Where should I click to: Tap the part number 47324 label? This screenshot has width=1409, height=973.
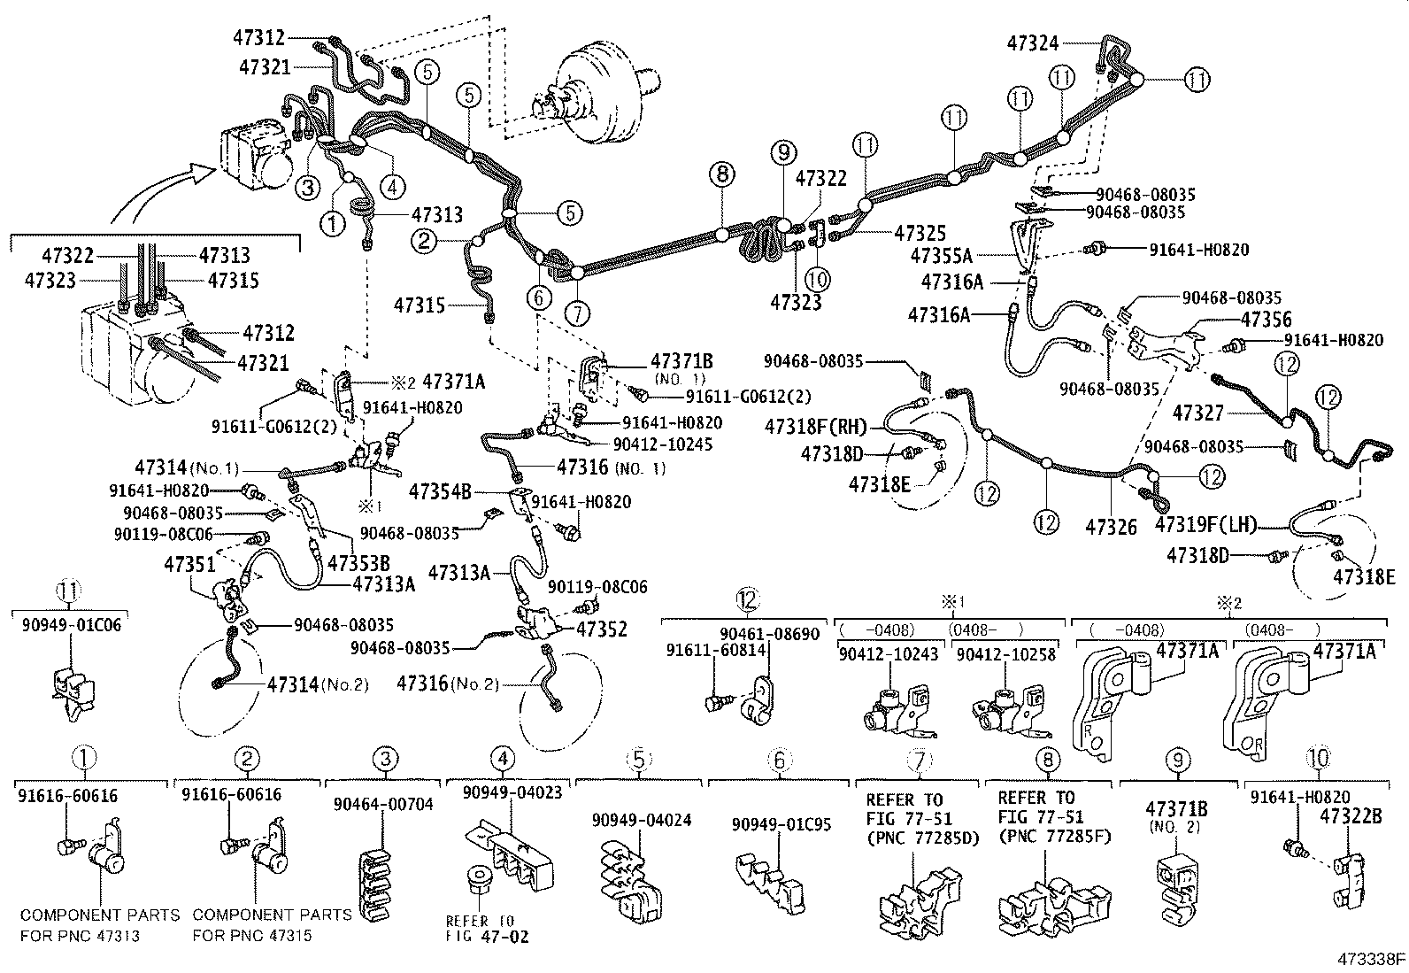(x=1033, y=41)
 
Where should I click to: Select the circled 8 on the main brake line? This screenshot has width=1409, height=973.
(x=722, y=174)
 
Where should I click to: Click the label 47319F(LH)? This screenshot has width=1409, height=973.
(x=1205, y=524)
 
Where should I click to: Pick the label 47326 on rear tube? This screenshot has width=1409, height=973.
(x=1111, y=527)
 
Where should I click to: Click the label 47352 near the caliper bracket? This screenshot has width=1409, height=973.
(x=601, y=629)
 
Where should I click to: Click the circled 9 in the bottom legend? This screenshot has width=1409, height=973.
(x=1178, y=759)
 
